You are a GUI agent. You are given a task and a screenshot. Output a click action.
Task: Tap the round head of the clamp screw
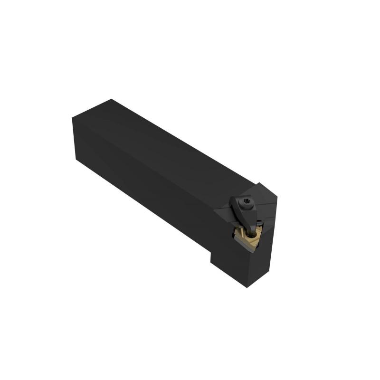246,205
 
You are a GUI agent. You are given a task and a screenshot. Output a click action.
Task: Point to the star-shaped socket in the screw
246,205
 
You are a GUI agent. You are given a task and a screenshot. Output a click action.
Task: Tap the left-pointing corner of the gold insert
235,232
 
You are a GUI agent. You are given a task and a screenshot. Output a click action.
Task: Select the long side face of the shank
142,180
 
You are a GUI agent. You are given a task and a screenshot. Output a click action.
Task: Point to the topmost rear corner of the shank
111,99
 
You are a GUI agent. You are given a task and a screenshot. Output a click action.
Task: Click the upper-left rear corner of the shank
73,117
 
